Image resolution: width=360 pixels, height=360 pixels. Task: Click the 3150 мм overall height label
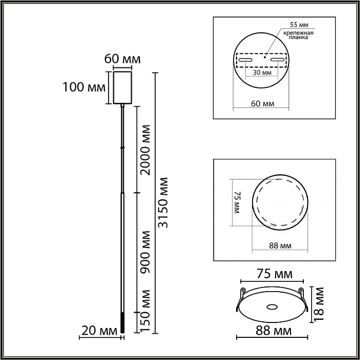[x=163, y=203]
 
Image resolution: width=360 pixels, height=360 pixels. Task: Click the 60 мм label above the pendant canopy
[x=122, y=59]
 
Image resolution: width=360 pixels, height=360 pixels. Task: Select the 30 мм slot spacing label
[x=263, y=73]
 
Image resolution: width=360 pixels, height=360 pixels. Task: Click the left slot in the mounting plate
[x=246, y=61]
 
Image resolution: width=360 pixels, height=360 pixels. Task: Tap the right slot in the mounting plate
[x=278, y=61]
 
